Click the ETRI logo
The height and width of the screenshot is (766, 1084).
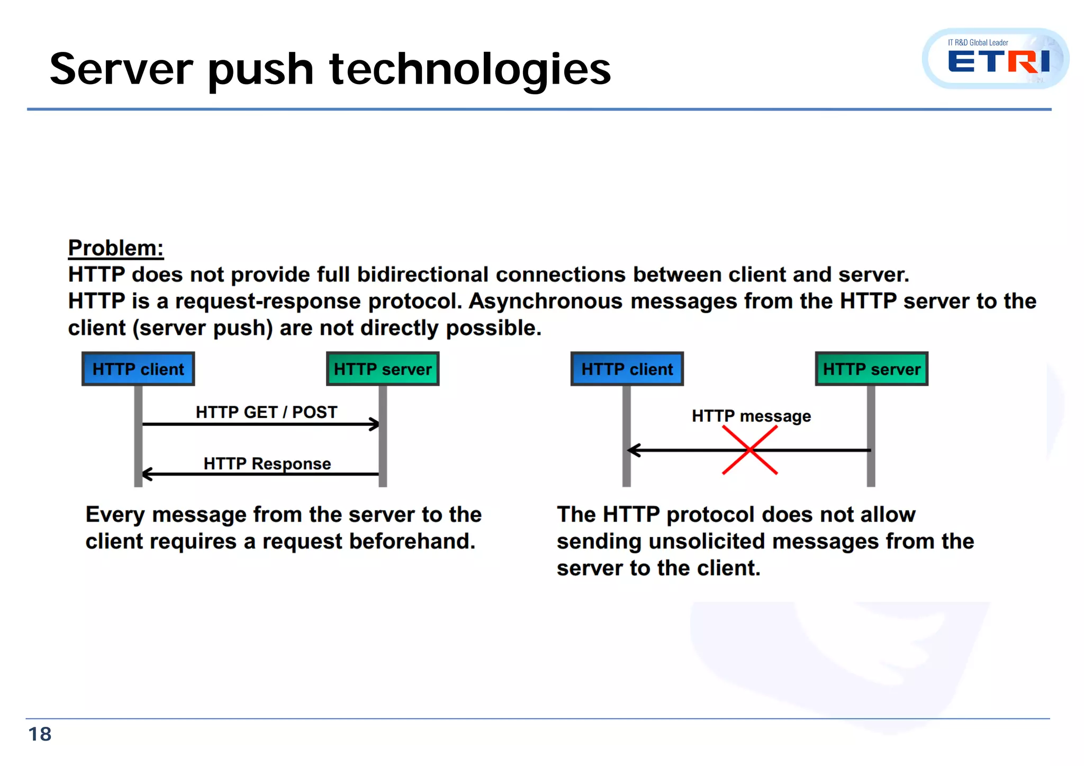(995, 59)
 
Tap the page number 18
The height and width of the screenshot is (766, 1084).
(40, 734)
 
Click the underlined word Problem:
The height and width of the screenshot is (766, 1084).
(116, 248)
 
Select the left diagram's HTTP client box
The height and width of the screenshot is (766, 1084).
(138, 369)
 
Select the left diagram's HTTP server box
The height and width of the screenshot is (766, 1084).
(383, 369)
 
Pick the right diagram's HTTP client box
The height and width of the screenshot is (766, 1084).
(627, 369)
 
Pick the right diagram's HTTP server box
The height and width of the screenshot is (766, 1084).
(872, 369)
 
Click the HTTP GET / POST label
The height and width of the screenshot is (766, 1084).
(266, 412)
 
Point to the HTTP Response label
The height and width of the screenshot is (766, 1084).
(267, 463)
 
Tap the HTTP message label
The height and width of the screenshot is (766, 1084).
(751, 416)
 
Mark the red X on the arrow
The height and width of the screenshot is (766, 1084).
(750, 450)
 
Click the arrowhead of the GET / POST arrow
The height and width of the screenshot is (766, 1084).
(375, 424)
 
